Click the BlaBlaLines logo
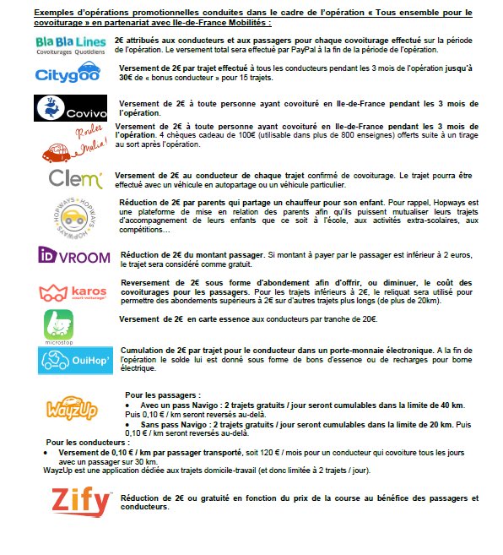pyautogui.click(x=71, y=45)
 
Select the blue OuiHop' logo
pyautogui.click(x=71, y=361)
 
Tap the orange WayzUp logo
pyautogui.click(x=72, y=404)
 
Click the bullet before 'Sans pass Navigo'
pyautogui.click(x=128, y=425)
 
